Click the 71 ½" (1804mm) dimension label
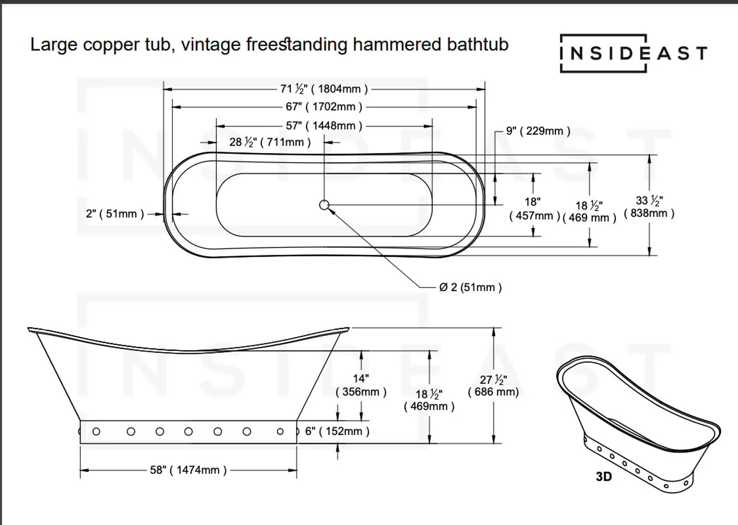(324, 88)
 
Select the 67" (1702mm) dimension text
(323, 107)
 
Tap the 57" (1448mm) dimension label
(323, 126)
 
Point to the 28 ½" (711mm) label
(270, 142)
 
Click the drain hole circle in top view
(324, 205)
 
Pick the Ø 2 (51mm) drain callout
(470, 287)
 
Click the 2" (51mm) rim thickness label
(115, 214)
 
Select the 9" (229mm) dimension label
(538, 131)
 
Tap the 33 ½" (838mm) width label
(649, 207)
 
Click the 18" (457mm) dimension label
(534, 209)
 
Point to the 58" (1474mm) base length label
(188, 470)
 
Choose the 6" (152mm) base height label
(337, 432)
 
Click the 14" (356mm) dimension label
(361, 385)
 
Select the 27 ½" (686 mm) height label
(493, 386)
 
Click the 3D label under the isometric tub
(604, 477)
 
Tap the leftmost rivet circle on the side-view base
(96, 432)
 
